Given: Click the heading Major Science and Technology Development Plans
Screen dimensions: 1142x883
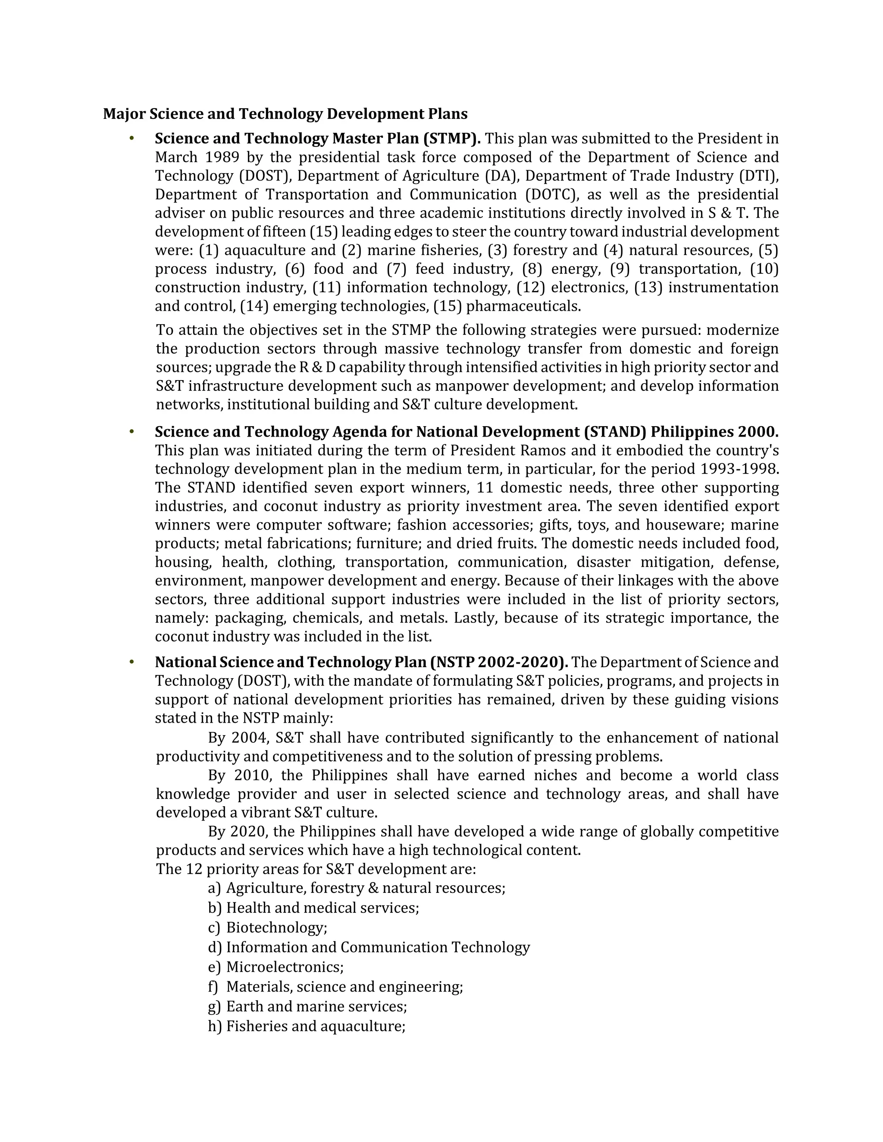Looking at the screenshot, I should pyautogui.click(x=285, y=114).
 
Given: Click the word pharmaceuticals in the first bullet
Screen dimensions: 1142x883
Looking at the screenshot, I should pyautogui.click(x=523, y=306).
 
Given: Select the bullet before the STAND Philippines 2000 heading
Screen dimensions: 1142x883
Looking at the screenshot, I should pyautogui.click(x=132, y=432).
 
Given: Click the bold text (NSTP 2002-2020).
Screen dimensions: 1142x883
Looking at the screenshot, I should pyautogui.click(x=499, y=662).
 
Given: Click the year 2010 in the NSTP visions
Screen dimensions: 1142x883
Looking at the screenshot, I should pyautogui.click(x=253, y=775).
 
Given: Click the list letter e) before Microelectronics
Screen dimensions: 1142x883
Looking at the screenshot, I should pyautogui.click(x=214, y=967).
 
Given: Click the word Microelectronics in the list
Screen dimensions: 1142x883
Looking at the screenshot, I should pyautogui.click(x=285, y=967).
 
